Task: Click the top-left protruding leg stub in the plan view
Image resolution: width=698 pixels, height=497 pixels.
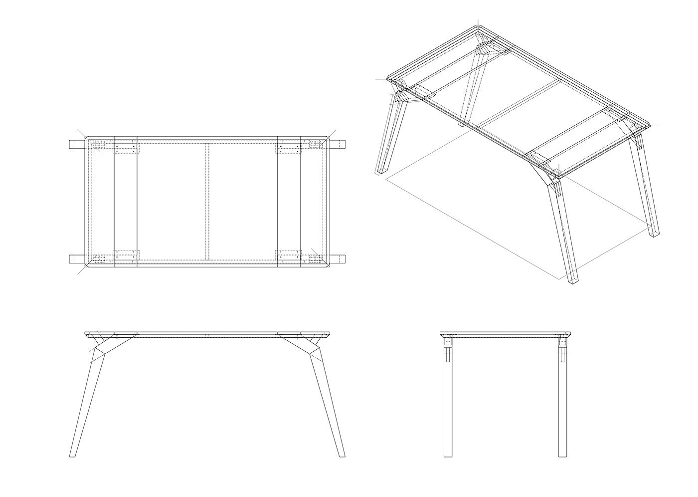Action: click(76, 145)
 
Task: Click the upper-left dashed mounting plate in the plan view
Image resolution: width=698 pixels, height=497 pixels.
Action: click(125, 148)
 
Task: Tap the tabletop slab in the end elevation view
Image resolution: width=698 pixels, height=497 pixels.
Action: click(505, 334)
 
